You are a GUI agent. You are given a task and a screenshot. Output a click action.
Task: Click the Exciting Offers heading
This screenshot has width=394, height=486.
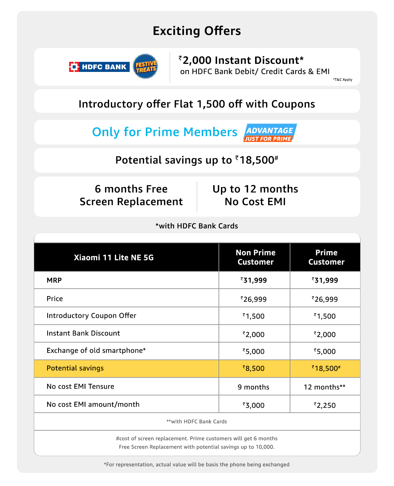197,31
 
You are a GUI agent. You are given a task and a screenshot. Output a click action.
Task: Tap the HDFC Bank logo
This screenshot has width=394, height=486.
99,67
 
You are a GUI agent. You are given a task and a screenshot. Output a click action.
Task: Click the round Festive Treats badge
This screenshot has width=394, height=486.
146,66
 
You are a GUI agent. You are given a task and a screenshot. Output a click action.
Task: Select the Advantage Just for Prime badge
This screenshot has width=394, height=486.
270,133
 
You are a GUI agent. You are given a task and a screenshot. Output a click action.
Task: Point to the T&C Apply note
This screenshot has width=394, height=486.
343,80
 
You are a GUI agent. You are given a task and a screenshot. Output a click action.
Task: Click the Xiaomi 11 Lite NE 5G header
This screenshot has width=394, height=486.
114,258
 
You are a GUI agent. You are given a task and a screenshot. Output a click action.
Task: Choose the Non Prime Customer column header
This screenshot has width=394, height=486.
256,257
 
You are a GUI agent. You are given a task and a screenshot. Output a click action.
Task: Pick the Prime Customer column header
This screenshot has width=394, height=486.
326,257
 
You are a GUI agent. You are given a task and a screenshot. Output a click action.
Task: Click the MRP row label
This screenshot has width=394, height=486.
54,281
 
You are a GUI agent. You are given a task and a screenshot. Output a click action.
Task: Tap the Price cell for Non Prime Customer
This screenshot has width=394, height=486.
254,299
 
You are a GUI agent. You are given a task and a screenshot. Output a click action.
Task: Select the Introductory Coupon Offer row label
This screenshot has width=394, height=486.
91,316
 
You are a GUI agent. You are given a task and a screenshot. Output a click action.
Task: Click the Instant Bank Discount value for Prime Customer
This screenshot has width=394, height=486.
325,334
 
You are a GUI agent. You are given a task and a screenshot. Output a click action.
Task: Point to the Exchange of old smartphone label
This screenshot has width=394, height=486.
96,351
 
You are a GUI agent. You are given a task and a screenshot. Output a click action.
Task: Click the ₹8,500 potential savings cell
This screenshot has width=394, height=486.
254,369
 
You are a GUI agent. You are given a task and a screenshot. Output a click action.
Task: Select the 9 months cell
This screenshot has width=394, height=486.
253,387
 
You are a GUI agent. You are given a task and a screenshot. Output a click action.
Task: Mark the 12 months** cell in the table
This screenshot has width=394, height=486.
325,387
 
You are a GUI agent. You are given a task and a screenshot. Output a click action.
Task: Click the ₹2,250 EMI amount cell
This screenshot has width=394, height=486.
325,405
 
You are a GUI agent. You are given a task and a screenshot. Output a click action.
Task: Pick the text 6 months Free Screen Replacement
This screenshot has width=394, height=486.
131,195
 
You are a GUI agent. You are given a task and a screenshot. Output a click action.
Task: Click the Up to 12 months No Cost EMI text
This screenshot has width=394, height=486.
255,195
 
